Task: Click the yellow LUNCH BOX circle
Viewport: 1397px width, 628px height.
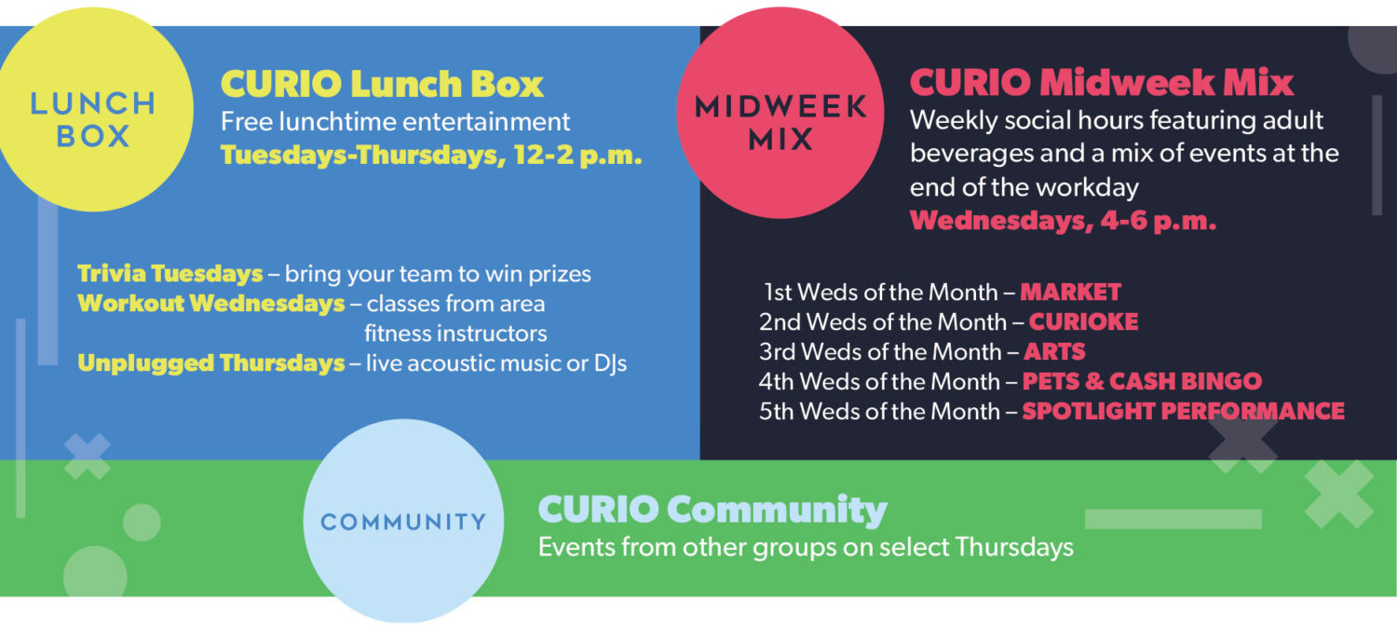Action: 92,110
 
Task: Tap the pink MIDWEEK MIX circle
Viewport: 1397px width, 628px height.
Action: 780,113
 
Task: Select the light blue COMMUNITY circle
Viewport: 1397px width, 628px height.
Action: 403,521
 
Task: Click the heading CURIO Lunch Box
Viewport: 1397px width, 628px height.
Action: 382,84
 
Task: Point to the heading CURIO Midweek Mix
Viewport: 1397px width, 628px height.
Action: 1102,82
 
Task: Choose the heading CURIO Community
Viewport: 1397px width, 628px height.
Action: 712,509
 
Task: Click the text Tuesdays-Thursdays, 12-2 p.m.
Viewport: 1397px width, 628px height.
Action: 431,155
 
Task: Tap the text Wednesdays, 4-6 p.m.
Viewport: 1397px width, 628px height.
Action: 1063,221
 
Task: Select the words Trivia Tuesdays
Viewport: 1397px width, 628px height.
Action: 170,274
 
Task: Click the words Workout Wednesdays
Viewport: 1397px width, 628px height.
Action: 210,304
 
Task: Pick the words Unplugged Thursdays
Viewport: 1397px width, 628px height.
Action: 210,363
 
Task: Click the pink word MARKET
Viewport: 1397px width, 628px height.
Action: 1070,292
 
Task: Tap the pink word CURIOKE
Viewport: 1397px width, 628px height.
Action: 1083,321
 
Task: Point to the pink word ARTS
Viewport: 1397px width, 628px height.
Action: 1054,351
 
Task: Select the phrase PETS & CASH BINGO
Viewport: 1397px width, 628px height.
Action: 1142,382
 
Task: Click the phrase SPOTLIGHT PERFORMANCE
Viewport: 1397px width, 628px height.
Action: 1183,412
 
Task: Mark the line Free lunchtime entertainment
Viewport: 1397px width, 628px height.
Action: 395,122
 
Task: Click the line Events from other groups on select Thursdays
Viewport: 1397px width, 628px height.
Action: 806,548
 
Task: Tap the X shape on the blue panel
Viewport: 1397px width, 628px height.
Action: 88,457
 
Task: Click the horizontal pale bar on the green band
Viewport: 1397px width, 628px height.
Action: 1173,519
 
